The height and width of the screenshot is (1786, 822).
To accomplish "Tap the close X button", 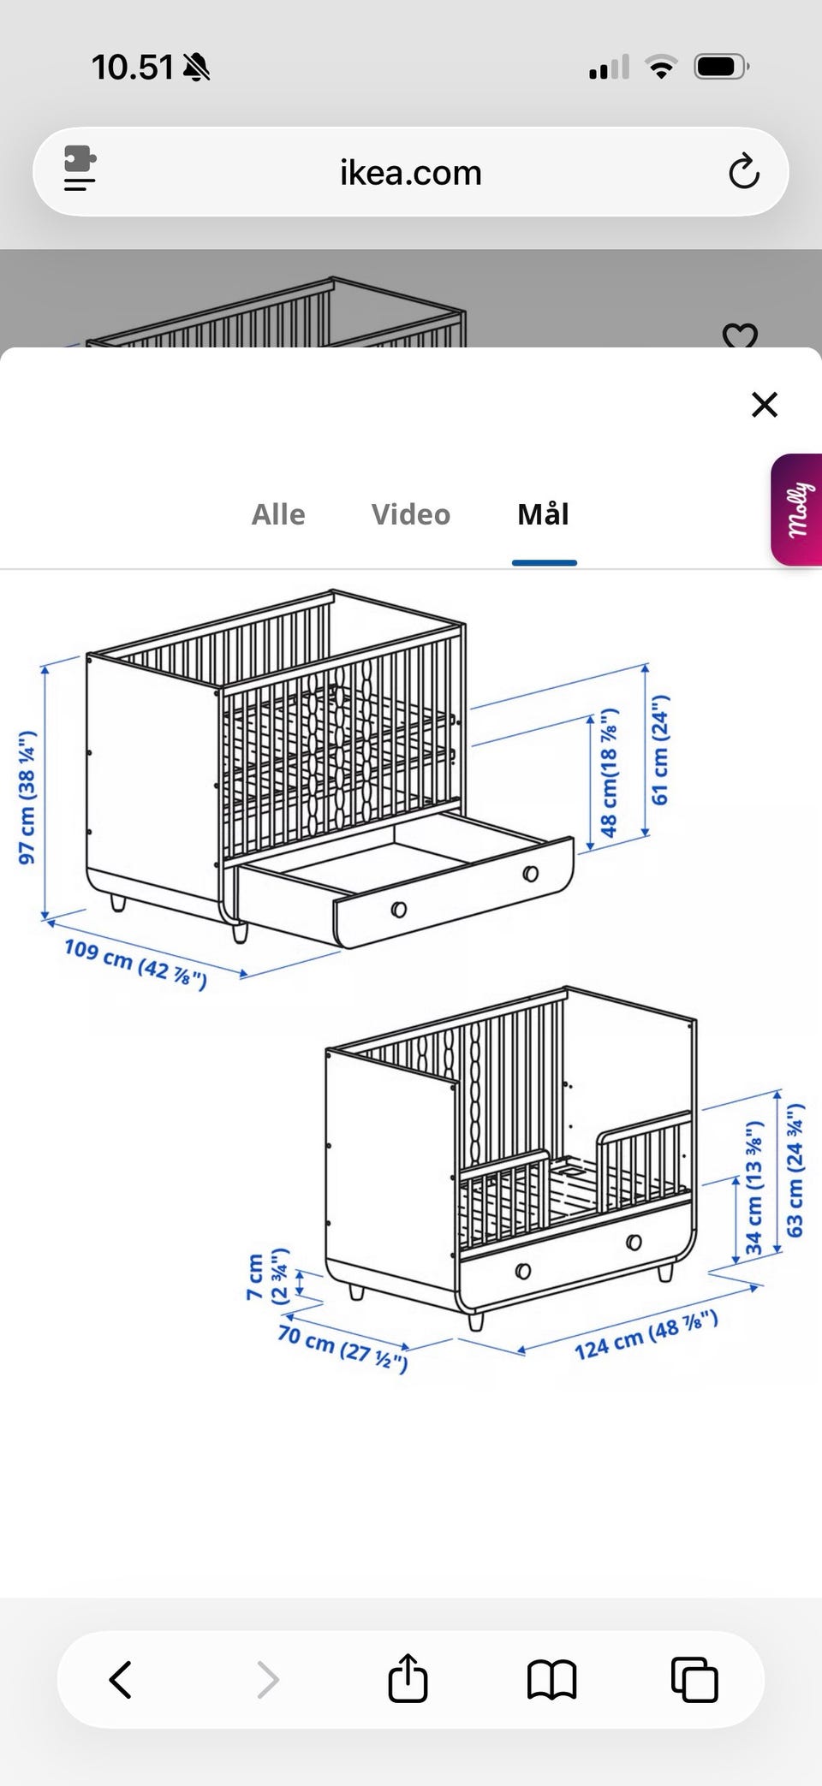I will pyautogui.click(x=764, y=404).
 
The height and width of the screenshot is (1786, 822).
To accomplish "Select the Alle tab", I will pyautogui.click(x=278, y=514).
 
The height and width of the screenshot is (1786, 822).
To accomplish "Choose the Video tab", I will pyautogui.click(x=411, y=514).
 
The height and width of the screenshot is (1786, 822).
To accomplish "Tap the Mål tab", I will pyautogui.click(x=544, y=514).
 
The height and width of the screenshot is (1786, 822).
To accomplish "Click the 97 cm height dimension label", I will pyautogui.click(x=27, y=797).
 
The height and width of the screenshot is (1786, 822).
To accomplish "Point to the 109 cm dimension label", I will pyautogui.click(x=135, y=963).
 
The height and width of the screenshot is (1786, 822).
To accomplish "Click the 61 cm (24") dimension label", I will pyautogui.click(x=660, y=750).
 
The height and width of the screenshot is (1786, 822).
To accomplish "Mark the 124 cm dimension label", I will pyautogui.click(x=646, y=1335).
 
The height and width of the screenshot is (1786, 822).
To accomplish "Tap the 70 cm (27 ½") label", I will pyautogui.click(x=342, y=1346).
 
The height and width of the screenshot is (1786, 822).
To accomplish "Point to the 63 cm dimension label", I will pyautogui.click(x=795, y=1170).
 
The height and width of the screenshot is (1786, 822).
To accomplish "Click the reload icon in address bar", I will pyautogui.click(x=743, y=172).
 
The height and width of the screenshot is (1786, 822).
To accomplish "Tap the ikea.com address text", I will pyautogui.click(x=411, y=173).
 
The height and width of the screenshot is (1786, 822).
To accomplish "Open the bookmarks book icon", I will pyautogui.click(x=551, y=1679).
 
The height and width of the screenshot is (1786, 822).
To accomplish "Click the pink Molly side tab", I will pyautogui.click(x=797, y=510).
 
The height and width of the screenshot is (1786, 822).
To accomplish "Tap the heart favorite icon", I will pyautogui.click(x=740, y=335).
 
